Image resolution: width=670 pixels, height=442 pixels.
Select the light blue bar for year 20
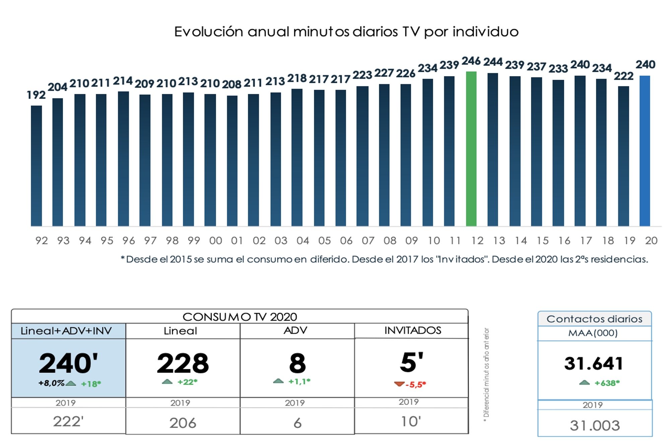pos(645,151)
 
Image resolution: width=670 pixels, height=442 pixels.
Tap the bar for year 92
pos(36,166)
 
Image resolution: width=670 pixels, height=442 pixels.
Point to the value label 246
pos(471,61)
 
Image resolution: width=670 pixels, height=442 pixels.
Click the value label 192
pos(36,95)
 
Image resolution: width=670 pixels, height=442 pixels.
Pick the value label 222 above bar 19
pos(623,76)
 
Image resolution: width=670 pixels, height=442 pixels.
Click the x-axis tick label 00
pos(215,240)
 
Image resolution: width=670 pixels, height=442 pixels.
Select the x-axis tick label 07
pos(368,240)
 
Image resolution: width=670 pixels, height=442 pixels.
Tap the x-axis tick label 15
pos(542,240)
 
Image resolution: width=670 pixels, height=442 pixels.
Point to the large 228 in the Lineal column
pos(183,363)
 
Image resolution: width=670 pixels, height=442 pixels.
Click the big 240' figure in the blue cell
pos(68,363)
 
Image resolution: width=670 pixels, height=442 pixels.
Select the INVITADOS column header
pos(412,331)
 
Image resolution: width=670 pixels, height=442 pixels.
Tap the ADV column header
pos(295,331)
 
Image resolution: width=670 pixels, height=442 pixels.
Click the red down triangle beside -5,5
pos(399,384)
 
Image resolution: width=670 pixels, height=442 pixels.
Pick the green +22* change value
pos(187,382)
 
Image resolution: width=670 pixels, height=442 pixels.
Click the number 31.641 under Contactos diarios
pos(594,364)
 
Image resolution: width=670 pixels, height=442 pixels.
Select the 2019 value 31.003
pos(595,426)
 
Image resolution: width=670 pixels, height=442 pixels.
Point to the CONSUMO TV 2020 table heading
pos(240,317)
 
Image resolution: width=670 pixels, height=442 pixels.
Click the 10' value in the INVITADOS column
pos(411,422)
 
